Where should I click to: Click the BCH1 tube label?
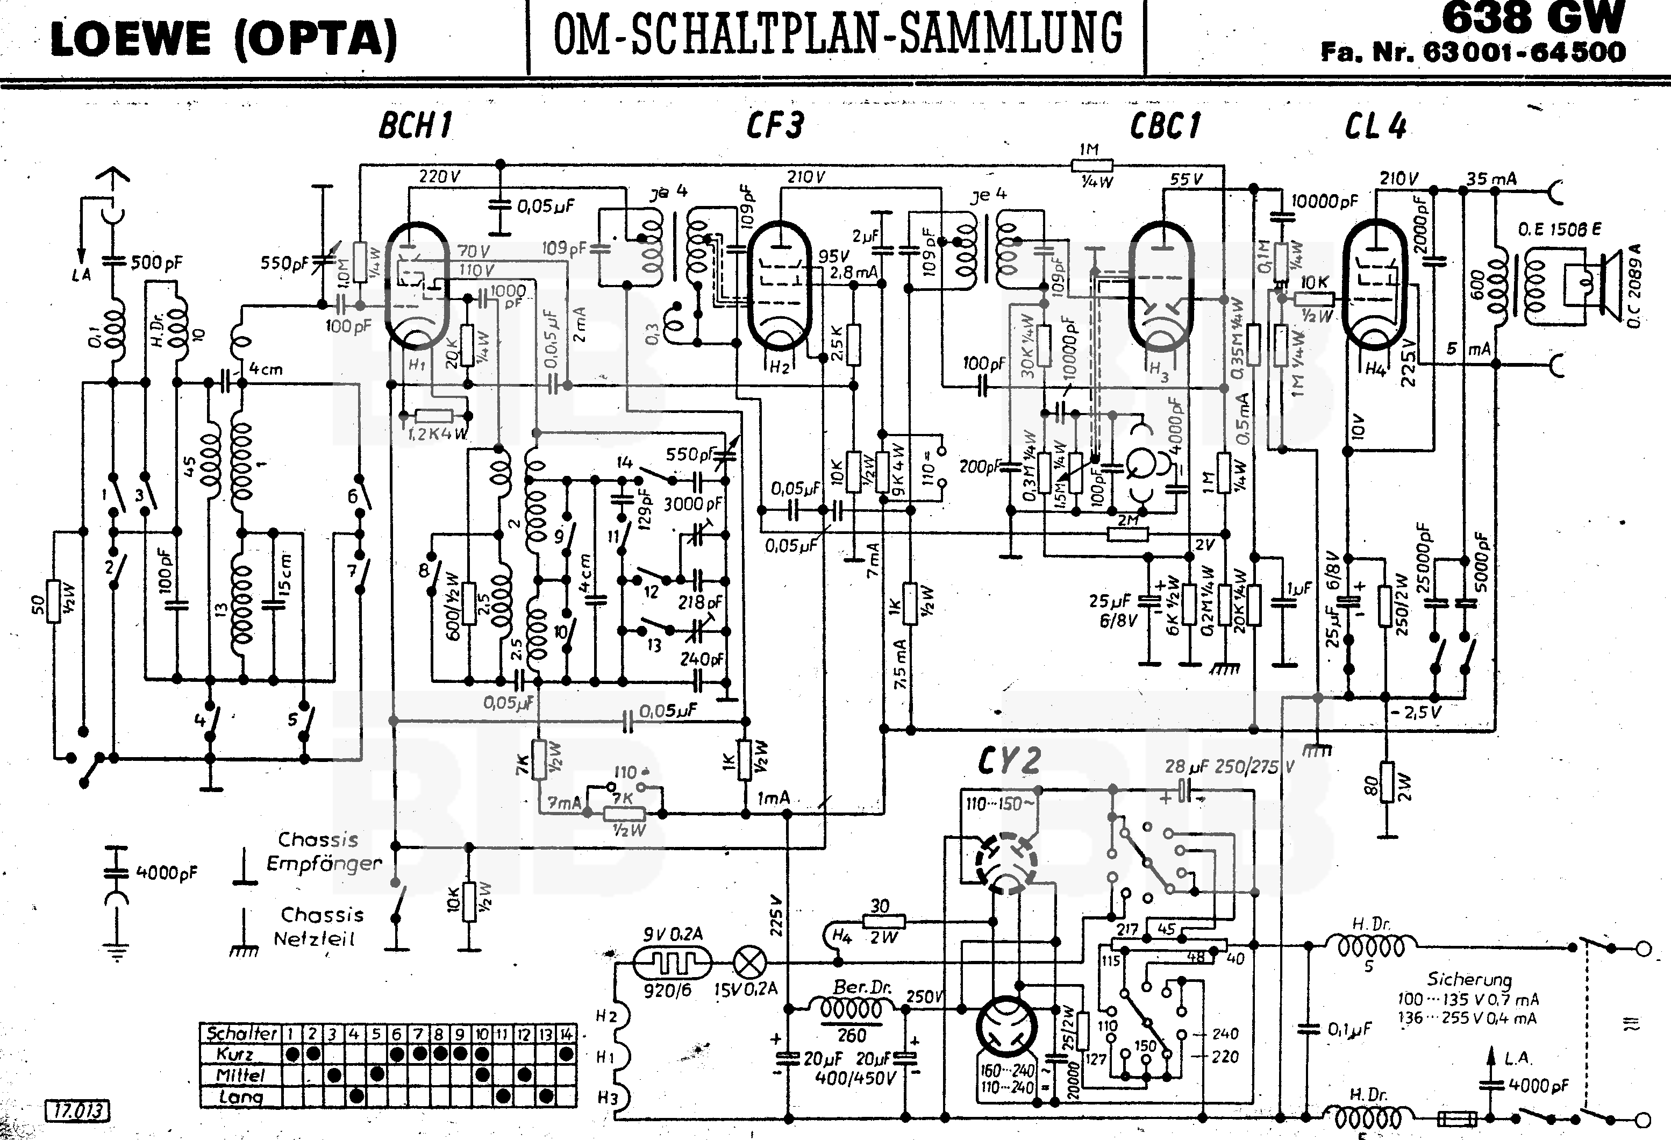coord(415,126)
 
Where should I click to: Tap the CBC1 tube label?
coord(1165,126)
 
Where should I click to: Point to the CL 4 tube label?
coord(1375,126)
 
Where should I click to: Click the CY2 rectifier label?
coord(1009,761)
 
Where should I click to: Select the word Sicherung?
coord(1469,979)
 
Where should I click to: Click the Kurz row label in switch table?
coord(235,1055)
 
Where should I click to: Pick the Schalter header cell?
coord(241,1034)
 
